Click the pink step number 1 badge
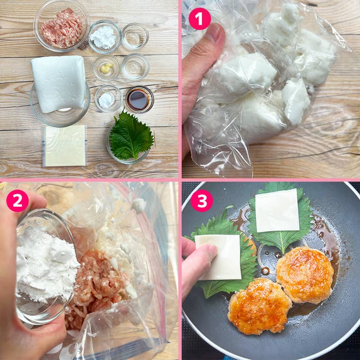(x=200, y=19)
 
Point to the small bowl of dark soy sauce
(x=139, y=100)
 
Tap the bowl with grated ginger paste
(x=106, y=67)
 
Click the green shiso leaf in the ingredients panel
(x=131, y=136)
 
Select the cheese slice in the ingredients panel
(x=64, y=146)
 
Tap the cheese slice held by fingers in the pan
(x=218, y=257)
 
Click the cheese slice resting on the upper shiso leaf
(x=277, y=210)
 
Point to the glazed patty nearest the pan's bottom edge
(x=259, y=306)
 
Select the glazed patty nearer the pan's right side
(x=305, y=275)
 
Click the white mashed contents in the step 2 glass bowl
(x=46, y=264)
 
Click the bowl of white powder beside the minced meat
(x=105, y=37)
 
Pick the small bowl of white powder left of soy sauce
(x=109, y=98)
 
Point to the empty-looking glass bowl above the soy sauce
(x=135, y=66)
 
